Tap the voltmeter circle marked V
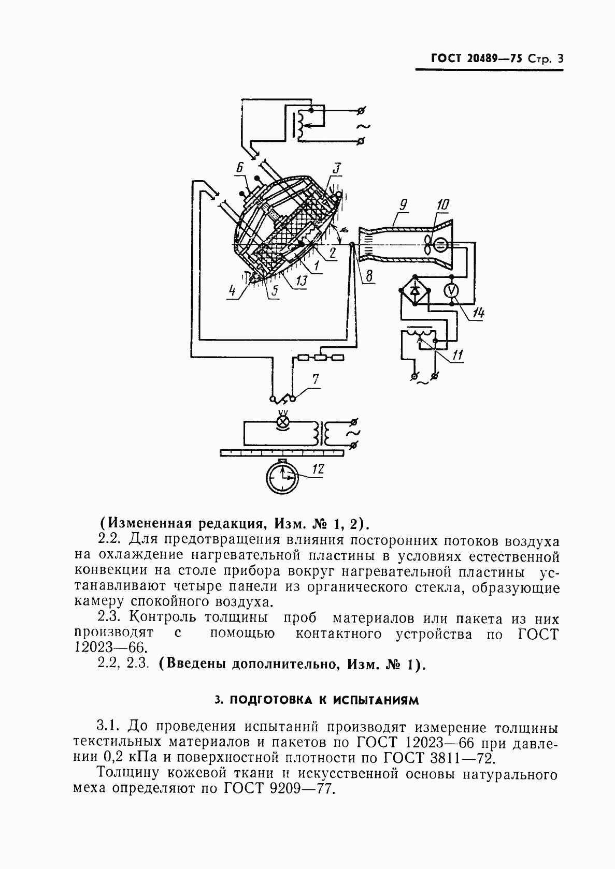click(451, 291)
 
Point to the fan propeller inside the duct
click(427, 245)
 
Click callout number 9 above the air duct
click(403, 204)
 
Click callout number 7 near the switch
click(316, 379)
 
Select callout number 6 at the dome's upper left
click(239, 168)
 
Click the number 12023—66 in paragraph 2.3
click(111, 647)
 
